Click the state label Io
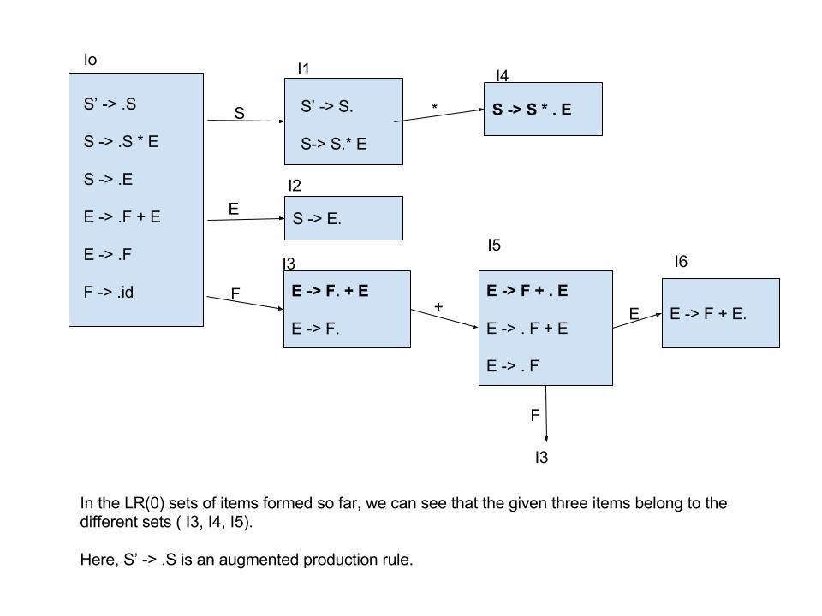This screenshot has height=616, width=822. (90, 60)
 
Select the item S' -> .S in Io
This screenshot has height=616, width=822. (110, 104)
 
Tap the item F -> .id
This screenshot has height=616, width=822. (109, 293)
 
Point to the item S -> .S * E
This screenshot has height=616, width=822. (121, 142)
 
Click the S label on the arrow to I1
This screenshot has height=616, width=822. (239, 113)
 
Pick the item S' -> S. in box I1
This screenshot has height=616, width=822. (327, 107)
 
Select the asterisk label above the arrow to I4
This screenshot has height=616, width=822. (435, 108)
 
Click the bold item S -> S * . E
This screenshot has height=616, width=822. (532, 110)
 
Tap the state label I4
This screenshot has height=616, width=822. (502, 76)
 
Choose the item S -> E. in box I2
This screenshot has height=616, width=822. (317, 219)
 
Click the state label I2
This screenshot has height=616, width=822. (295, 186)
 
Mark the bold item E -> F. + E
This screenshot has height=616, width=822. (331, 291)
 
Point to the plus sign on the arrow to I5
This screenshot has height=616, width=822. (438, 305)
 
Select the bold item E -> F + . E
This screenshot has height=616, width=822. (527, 291)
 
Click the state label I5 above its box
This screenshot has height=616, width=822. (494, 246)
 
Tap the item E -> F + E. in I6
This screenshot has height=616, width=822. (708, 314)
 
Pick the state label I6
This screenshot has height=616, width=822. (681, 262)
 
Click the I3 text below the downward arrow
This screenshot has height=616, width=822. (541, 458)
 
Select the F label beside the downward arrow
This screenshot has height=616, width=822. (535, 416)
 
